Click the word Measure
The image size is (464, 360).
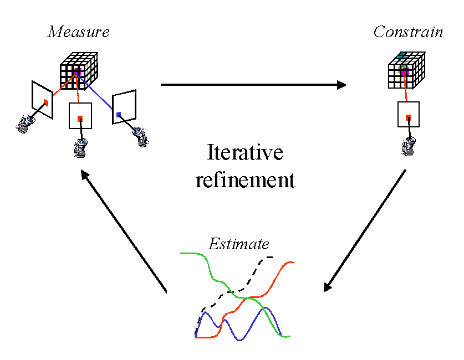78,32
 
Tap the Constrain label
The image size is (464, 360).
408,32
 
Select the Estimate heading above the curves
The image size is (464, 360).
239,244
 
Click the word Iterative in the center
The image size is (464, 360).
244,153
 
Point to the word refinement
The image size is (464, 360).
244,180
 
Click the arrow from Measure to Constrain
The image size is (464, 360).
253,85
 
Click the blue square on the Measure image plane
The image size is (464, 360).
119,114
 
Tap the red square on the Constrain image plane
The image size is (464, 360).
408,117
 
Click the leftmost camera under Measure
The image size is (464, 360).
24,125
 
